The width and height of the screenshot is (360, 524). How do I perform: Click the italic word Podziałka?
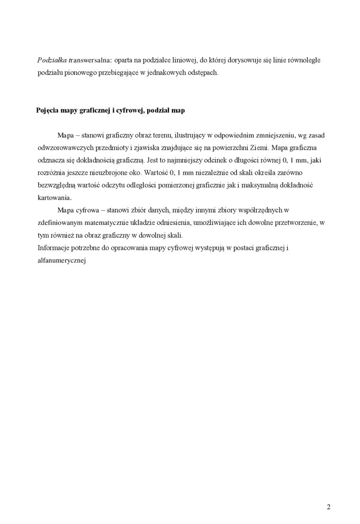pos(52,61)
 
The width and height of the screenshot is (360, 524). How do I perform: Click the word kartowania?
pos(54,197)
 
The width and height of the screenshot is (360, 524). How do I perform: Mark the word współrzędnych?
pos(260,210)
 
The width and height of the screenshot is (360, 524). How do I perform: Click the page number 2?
pos(328,507)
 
